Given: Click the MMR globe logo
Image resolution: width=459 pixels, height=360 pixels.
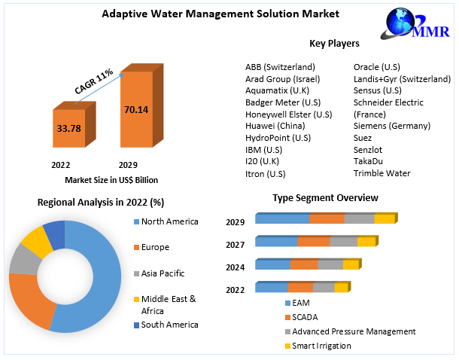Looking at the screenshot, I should [x=411, y=24].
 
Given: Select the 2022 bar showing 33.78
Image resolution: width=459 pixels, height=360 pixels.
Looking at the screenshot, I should [x=68, y=128].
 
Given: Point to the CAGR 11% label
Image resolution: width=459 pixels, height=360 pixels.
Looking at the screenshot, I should [x=94, y=81].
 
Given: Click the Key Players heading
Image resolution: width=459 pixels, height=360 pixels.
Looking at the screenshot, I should [x=334, y=43].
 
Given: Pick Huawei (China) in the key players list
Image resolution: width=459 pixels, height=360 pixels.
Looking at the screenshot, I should [x=275, y=126].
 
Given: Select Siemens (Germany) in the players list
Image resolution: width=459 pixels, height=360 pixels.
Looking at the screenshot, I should [x=391, y=126].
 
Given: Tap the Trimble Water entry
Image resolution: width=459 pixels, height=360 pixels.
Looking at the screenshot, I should [x=381, y=173].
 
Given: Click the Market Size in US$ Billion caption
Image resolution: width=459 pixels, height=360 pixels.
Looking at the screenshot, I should [x=111, y=180].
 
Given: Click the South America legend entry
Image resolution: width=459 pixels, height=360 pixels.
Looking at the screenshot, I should [x=169, y=325].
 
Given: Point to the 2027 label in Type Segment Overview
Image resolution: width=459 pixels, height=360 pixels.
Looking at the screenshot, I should [x=235, y=245].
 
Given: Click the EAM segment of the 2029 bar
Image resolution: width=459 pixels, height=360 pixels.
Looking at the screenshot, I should [x=282, y=219].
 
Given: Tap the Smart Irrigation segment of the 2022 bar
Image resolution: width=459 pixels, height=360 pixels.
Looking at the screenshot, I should [x=341, y=288].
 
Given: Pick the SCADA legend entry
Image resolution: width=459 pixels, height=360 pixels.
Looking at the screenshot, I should [x=305, y=317].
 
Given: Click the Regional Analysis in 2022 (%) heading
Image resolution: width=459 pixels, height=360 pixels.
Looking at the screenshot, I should [x=101, y=203].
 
